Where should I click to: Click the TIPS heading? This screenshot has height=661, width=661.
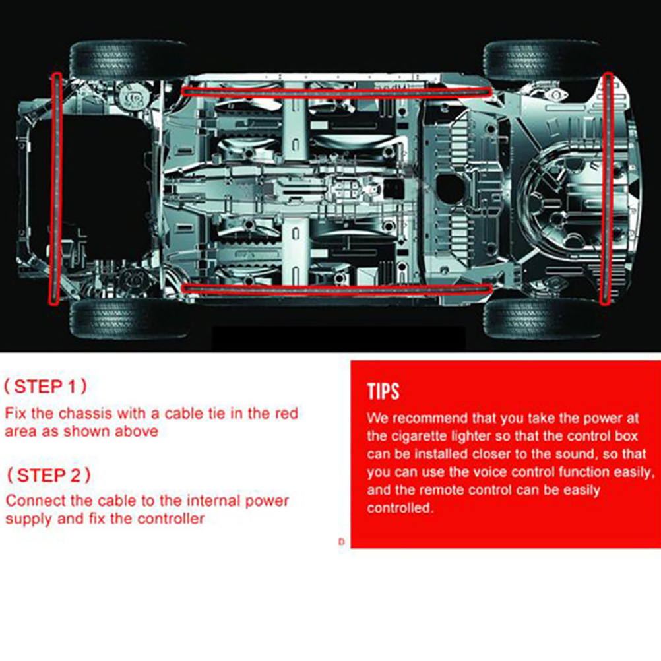coord(383,391)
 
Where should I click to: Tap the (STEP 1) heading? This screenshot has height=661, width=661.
coord(46,386)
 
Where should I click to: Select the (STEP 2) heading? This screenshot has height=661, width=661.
coord(48,475)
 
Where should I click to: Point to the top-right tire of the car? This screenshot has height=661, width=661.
coord(542,59)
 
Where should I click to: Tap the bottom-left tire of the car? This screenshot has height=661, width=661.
coord(127,319)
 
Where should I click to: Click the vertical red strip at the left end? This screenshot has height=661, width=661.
coord(56,188)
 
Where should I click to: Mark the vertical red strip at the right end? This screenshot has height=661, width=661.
coord(606,188)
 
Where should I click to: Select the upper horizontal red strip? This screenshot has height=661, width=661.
coord(336,92)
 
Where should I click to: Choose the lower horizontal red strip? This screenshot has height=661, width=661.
coord(336,289)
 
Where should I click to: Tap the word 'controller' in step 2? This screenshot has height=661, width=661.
coord(171,519)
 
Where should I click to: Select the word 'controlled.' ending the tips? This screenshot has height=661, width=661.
coord(400,508)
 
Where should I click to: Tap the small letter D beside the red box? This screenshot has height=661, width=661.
coord(342,542)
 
